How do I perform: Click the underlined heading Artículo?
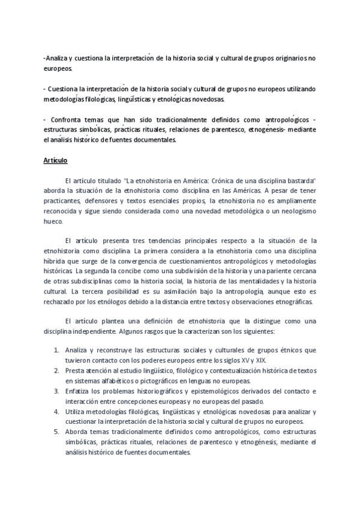55,161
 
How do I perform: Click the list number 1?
56,350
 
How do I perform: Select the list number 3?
56,391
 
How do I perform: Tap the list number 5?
56,432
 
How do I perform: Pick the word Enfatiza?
80,391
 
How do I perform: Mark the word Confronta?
66,119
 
